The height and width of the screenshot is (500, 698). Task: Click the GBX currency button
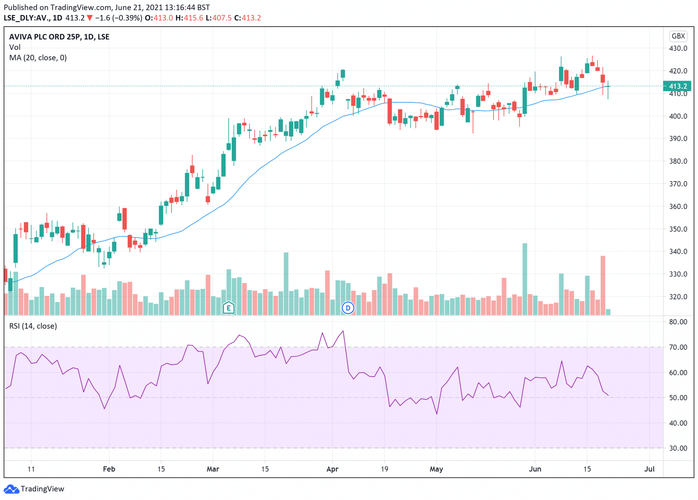coord(678,36)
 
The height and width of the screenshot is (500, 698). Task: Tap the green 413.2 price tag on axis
coord(677,86)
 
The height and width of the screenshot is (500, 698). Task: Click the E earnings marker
coord(228,309)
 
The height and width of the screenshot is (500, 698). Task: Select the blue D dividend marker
coord(348,308)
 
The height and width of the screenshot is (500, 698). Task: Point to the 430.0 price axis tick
coord(678,48)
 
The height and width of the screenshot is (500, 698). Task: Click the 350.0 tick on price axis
coord(678,229)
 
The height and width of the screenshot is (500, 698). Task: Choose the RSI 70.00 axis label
coord(678,347)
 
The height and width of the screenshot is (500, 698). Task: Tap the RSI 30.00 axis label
coord(678,448)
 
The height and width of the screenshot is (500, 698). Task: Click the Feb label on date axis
coord(109,469)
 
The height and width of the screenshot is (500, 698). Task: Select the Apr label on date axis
coord(332,469)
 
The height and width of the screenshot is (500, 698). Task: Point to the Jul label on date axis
coord(649,469)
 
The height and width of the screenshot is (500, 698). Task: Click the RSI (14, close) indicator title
coord(33,326)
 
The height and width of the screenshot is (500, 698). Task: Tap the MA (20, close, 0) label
coord(38,58)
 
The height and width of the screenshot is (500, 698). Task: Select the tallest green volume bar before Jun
coord(525,279)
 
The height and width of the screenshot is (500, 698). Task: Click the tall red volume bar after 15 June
coord(603,285)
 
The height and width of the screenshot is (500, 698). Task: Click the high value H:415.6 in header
coord(189,18)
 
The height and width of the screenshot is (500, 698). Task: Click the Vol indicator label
coord(15,47)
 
